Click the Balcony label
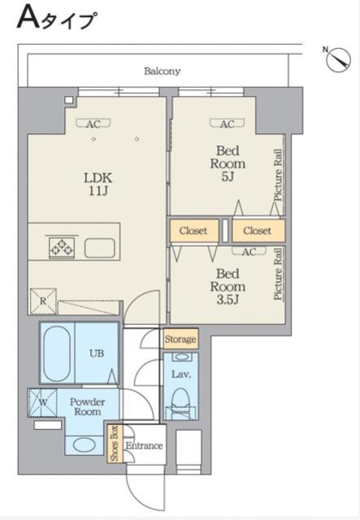click(x=162, y=71)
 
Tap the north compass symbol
click(x=338, y=59)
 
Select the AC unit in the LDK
click(x=93, y=123)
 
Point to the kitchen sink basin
click(x=99, y=248)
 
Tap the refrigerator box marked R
click(x=43, y=301)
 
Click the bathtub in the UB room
click(x=57, y=353)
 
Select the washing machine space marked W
click(x=42, y=403)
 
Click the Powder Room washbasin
click(x=85, y=444)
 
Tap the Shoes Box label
click(x=115, y=443)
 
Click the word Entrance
click(x=144, y=446)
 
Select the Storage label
click(x=180, y=339)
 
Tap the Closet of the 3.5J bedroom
click(x=193, y=231)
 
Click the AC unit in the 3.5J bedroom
click(x=249, y=252)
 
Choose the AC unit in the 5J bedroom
click(x=228, y=124)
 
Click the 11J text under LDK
click(x=98, y=191)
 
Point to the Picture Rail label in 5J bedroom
click(x=279, y=175)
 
